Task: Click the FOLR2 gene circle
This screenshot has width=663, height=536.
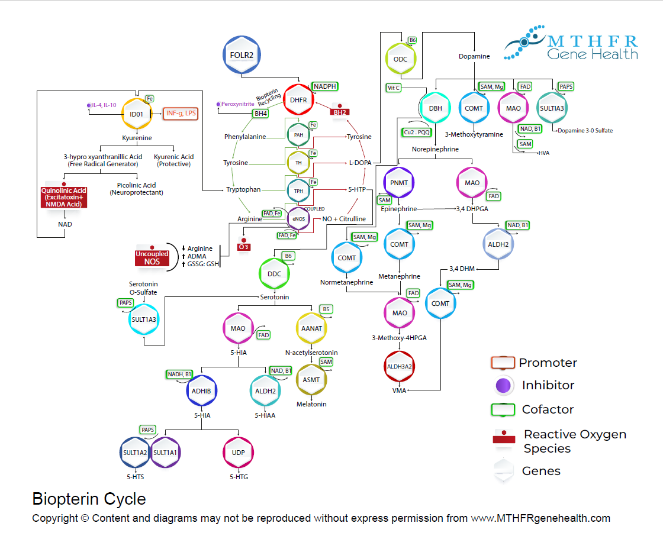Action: tap(242, 55)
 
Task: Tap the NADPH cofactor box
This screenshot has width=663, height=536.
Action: tap(325, 86)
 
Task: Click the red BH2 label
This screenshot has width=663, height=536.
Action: tap(340, 112)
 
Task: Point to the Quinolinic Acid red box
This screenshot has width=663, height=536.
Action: tap(63, 197)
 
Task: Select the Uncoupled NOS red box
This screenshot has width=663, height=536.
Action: tap(152, 257)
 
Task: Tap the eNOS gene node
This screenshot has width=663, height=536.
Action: tap(298, 218)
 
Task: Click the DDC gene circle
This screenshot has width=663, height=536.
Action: tap(274, 273)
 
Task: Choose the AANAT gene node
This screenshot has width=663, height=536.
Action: tap(311, 329)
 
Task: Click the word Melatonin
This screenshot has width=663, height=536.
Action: tap(311, 405)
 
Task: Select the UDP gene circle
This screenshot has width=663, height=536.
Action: tap(238, 453)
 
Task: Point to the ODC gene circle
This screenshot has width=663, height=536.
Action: tap(400, 59)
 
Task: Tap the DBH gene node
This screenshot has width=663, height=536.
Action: tap(435, 108)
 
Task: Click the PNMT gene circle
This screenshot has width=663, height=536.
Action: tap(400, 183)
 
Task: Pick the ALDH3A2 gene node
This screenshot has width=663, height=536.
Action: tap(400, 366)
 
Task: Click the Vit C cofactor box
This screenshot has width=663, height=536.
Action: tap(394, 88)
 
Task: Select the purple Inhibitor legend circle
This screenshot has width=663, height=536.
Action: tap(503, 385)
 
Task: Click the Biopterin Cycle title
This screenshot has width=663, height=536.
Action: tap(89, 499)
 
